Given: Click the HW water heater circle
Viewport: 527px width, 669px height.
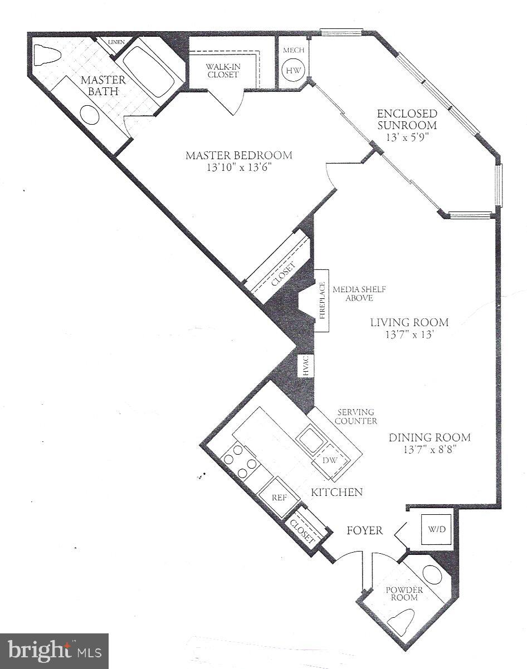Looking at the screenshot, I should point(293,71).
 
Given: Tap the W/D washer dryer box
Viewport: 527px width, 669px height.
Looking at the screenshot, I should point(437,528).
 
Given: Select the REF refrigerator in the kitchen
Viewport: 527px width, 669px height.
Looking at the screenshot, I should point(279,497).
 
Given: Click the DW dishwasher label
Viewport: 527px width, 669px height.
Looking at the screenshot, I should point(329,460).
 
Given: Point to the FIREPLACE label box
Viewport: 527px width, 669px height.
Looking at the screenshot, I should point(323,301).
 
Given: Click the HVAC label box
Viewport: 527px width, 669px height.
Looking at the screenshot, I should point(306,365).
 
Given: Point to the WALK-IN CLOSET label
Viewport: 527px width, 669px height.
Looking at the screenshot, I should point(222,70).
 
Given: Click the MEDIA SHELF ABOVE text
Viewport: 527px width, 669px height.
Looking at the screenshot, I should point(359,294).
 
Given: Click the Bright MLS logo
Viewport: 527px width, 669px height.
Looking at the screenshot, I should point(54,651).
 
